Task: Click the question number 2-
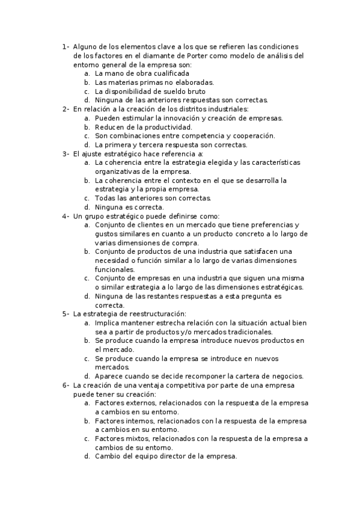pyautogui.click(x=66, y=109)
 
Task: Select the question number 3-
pyautogui.click(x=66, y=154)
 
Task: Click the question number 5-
pyautogui.click(x=66, y=314)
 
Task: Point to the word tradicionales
pyautogui.click(x=245, y=331)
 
